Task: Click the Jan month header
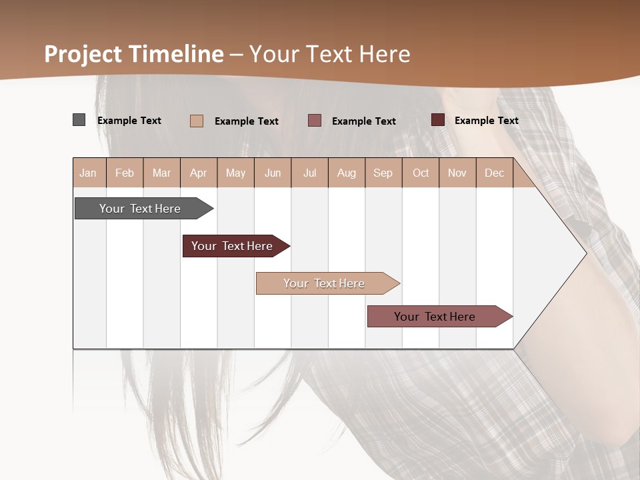pos(89,173)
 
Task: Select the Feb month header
pos(125,173)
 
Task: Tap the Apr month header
pos(199,173)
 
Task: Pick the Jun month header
pos(273,173)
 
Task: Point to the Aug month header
pos(347,173)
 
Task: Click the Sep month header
pos(383,173)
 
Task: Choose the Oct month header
pos(421,173)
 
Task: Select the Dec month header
pos(495,173)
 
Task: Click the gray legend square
pos(79,120)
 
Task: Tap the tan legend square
pos(197,121)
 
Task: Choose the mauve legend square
pos(315,121)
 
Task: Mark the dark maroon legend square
pos(437,120)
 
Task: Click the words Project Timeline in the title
pos(133,54)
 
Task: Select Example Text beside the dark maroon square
pos(486,121)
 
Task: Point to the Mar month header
pos(162,173)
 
